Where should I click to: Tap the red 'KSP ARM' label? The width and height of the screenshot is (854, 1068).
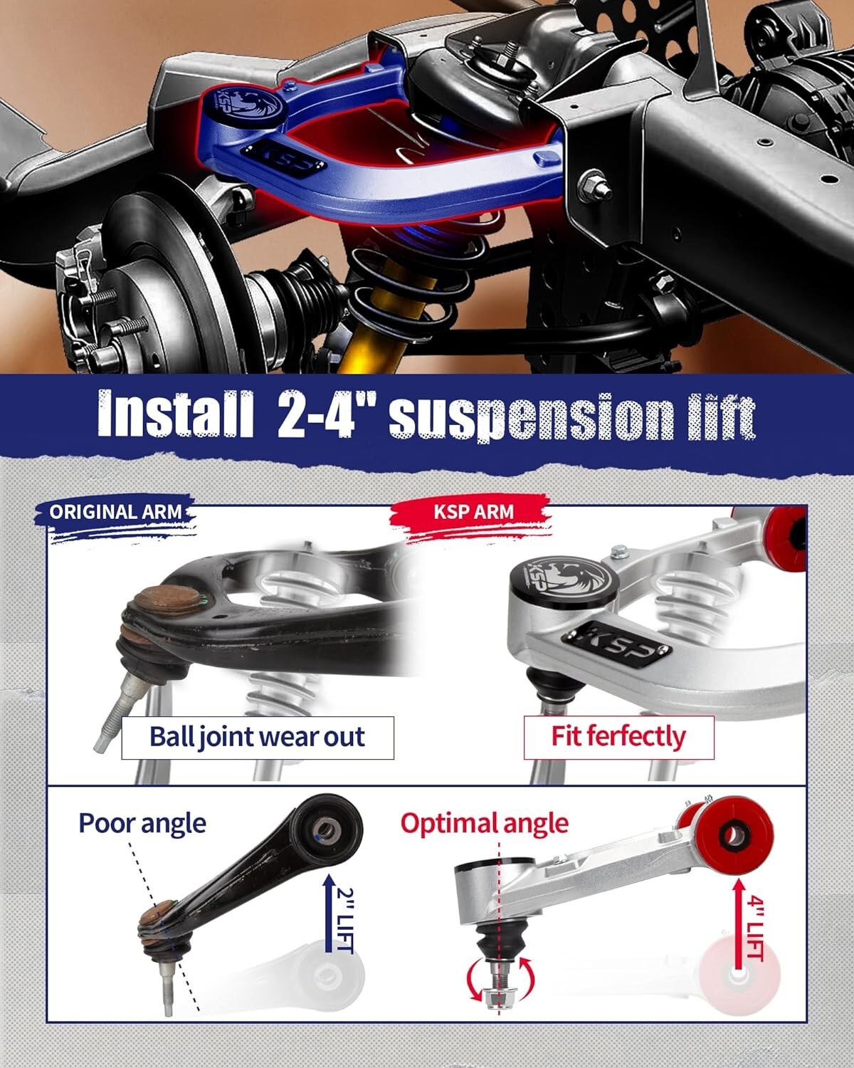(x=473, y=511)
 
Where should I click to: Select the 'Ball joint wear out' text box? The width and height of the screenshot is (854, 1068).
(x=257, y=737)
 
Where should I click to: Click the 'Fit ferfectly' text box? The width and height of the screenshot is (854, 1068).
(x=618, y=736)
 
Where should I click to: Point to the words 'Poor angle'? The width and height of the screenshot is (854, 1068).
(x=142, y=823)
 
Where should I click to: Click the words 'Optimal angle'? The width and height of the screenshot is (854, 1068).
(x=484, y=823)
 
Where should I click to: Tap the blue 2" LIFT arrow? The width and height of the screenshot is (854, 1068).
(x=329, y=915)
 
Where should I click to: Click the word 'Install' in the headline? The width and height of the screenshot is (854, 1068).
(x=174, y=414)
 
